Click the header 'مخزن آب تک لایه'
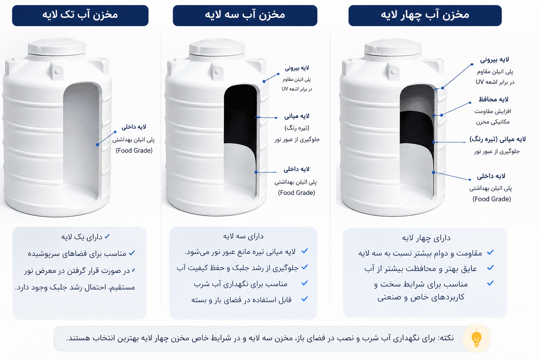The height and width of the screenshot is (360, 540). [80, 15]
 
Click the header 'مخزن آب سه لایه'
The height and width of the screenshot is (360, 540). [245, 15]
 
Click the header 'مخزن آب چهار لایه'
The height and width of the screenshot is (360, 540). [425, 15]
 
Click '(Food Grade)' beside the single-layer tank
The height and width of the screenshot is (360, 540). [134, 151]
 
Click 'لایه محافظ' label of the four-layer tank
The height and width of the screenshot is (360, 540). [494, 99]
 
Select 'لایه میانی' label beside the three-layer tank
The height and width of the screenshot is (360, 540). [296, 116]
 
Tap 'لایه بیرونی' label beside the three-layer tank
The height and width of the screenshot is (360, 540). [297, 68]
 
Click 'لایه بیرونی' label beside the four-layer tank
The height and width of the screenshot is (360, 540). [494, 60]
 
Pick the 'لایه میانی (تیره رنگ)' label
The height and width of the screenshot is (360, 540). [497, 139]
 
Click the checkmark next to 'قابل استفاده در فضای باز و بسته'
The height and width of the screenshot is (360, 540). [305, 299]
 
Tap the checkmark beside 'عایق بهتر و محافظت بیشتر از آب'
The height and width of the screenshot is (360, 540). [490, 268]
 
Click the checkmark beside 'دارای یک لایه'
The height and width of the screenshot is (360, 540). [107, 236]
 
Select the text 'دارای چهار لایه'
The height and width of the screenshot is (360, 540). [426, 238]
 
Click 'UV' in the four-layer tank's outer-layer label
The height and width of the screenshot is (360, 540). [480, 82]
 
